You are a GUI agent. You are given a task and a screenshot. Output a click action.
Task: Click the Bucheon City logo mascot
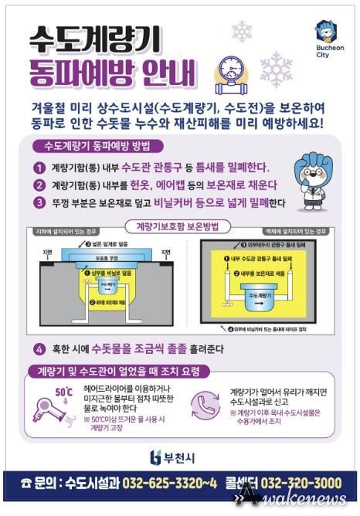tap(324, 33)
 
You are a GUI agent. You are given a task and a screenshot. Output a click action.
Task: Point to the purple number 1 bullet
tap(39, 168)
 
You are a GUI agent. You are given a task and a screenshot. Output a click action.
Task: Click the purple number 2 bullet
tap(39, 185)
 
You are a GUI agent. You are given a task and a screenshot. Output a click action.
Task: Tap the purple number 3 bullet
tap(39, 203)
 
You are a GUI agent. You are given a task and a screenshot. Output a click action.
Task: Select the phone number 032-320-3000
tap(302, 484)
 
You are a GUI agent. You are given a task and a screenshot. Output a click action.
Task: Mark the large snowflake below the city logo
tap(275, 70)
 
